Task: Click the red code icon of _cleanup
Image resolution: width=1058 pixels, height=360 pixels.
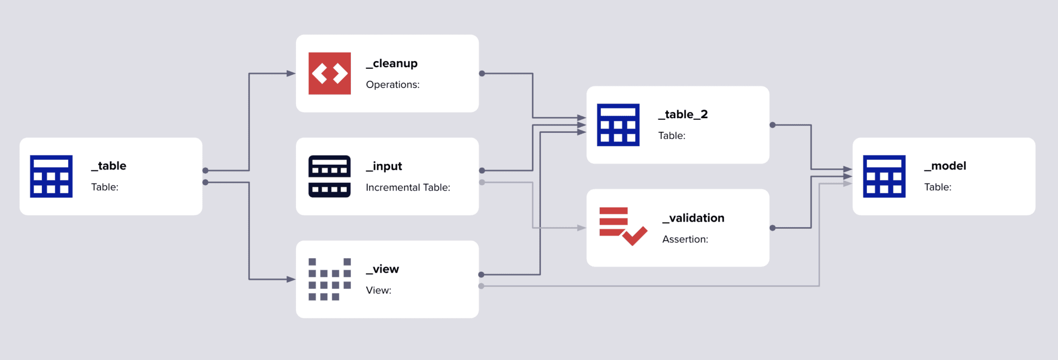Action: pyautogui.click(x=330, y=73)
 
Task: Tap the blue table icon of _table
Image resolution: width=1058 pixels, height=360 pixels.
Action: pyautogui.click(x=51, y=176)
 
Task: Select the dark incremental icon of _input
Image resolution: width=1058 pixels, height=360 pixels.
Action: pyautogui.click(x=330, y=176)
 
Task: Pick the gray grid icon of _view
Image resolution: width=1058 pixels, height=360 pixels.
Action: pyautogui.click(x=330, y=279)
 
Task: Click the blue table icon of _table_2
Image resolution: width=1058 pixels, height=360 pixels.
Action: pyautogui.click(x=618, y=125)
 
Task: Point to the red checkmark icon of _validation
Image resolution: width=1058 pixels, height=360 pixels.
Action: pyautogui.click(x=623, y=226)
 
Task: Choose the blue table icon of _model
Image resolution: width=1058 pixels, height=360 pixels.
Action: pyautogui.click(x=884, y=176)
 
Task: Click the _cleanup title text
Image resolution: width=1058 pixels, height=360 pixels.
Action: pyautogui.click(x=392, y=64)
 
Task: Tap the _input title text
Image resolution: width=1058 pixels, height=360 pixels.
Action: pyautogui.click(x=384, y=166)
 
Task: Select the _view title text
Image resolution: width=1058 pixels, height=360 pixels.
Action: pyautogui.click(x=382, y=269)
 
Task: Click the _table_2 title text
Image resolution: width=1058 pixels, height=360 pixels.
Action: pyautogui.click(x=682, y=115)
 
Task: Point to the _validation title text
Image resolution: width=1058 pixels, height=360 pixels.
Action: pyautogui.click(x=693, y=218)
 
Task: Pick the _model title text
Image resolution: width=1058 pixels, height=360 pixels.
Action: pyautogui.click(x=945, y=166)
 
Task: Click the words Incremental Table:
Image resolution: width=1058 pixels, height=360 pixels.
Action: pyautogui.click(x=408, y=187)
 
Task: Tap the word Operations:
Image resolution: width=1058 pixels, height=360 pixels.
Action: pyautogui.click(x=393, y=85)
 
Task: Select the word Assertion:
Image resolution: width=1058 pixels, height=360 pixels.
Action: pyautogui.click(x=685, y=239)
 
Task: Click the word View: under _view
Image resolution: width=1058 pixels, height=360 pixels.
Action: pyautogui.click(x=379, y=290)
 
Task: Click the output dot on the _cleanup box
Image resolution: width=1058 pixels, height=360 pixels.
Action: pyautogui.click(x=482, y=73)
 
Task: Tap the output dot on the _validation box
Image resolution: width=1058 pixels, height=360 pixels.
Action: pyautogui.click(x=772, y=228)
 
